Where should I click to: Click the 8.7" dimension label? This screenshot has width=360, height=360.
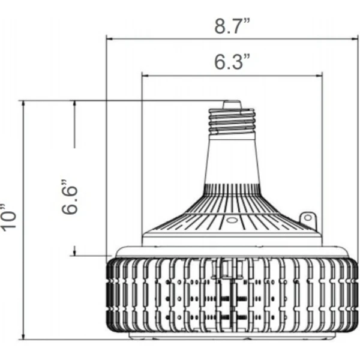click(232, 26)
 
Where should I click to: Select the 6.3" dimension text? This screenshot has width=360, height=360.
click(232, 62)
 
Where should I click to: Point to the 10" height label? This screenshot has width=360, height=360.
click(8, 217)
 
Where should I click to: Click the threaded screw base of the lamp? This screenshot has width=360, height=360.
click(232, 121)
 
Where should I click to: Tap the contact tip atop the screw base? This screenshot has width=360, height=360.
click(232, 104)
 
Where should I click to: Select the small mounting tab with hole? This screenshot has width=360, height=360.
click(308, 218)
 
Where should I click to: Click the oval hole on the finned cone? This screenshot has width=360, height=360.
click(232, 220)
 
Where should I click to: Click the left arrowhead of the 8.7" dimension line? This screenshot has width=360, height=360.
click(110, 39)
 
